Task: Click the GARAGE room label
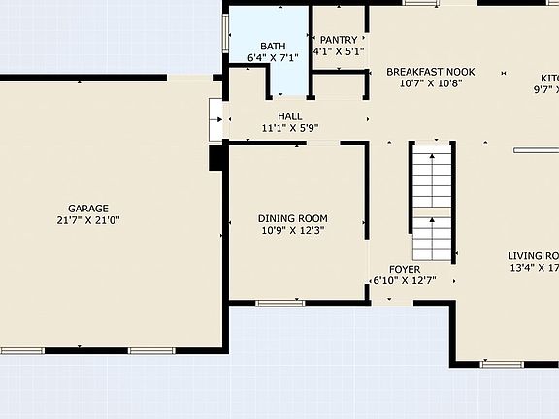(87, 209)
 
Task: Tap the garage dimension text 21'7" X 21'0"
(87, 221)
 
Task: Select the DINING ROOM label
(292, 218)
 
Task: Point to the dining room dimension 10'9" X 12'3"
(292, 231)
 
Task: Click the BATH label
(273, 47)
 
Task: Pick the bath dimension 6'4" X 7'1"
(273, 59)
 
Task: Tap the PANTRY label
(339, 40)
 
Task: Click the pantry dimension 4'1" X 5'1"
(339, 52)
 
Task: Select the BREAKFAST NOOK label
(430, 72)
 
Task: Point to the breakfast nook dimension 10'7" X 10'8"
(430, 84)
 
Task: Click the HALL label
(277, 115)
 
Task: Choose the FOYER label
(405, 269)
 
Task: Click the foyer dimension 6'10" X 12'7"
(405, 281)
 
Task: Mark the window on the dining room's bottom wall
(279, 304)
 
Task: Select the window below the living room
(502, 365)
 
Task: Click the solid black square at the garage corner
(217, 158)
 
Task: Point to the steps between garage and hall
(215, 120)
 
